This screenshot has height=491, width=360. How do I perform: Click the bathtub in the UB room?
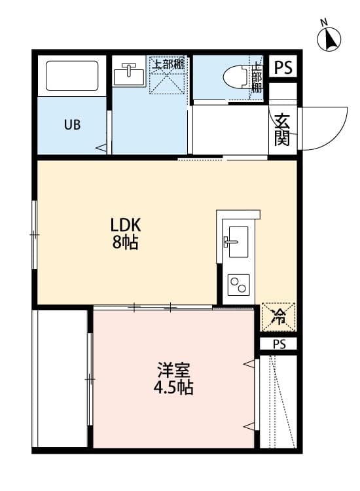(x=72, y=76)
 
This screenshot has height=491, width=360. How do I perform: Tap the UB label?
(x=72, y=124)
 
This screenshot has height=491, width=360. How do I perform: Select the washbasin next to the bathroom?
(x=129, y=75)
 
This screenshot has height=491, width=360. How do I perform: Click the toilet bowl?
(x=237, y=77)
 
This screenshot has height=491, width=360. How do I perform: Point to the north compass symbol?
(x=329, y=37)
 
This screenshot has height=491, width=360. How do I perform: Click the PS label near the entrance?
(x=283, y=67)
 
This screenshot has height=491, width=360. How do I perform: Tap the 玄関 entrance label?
(x=281, y=130)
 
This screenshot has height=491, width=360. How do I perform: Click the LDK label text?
(x=126, y=225)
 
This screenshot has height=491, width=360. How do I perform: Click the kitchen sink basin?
(x=238, y=242)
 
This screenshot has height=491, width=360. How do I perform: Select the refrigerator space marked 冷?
(x=279, y=317)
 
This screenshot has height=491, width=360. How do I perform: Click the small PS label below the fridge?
(x=279, y=344)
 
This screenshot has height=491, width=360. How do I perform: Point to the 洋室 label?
(x=173, y=370)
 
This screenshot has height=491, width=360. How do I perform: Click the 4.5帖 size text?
(x=173, y=388)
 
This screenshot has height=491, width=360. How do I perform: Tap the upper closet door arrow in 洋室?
(x=249, y=364)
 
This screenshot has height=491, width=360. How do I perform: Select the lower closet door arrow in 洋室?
(x=249, y=426)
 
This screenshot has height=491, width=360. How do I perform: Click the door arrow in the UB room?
(x=101, y=147)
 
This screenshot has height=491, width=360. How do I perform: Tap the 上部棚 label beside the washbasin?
(x=168, y=65)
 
